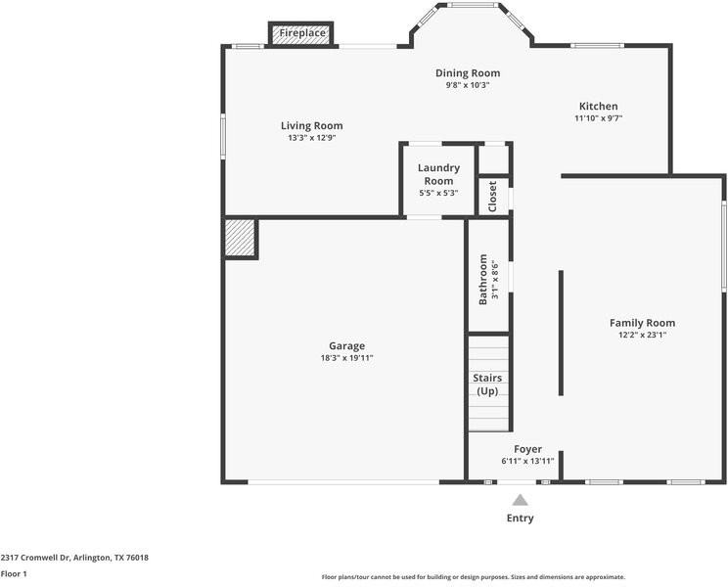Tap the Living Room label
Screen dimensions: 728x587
click(312, 126)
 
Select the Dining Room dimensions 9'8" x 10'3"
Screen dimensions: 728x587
click(468, 85)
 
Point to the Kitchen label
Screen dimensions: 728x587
click(599, 107)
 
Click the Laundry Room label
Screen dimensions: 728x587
click(438, 174)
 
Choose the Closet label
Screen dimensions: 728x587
click(492, 197)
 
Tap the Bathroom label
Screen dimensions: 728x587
click(482, 280)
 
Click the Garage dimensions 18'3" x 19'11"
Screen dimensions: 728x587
click(346, 358)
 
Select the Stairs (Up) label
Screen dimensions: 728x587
click(487, 384)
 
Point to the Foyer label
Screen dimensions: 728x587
click(527, 449)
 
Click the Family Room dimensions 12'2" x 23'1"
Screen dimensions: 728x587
click(643, 335)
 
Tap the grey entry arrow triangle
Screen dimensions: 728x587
click(520, 500)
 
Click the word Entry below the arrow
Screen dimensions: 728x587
click(520, 519)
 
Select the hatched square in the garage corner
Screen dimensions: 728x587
click(240, 238)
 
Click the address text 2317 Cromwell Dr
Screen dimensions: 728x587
click(36, 558)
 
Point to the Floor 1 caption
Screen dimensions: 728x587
click(14, 574)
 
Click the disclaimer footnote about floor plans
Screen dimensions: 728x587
click(474, 577)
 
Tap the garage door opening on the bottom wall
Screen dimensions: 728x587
click(343, 482)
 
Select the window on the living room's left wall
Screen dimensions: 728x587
click(223, 136)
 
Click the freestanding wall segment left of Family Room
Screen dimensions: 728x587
click(561, 334)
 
